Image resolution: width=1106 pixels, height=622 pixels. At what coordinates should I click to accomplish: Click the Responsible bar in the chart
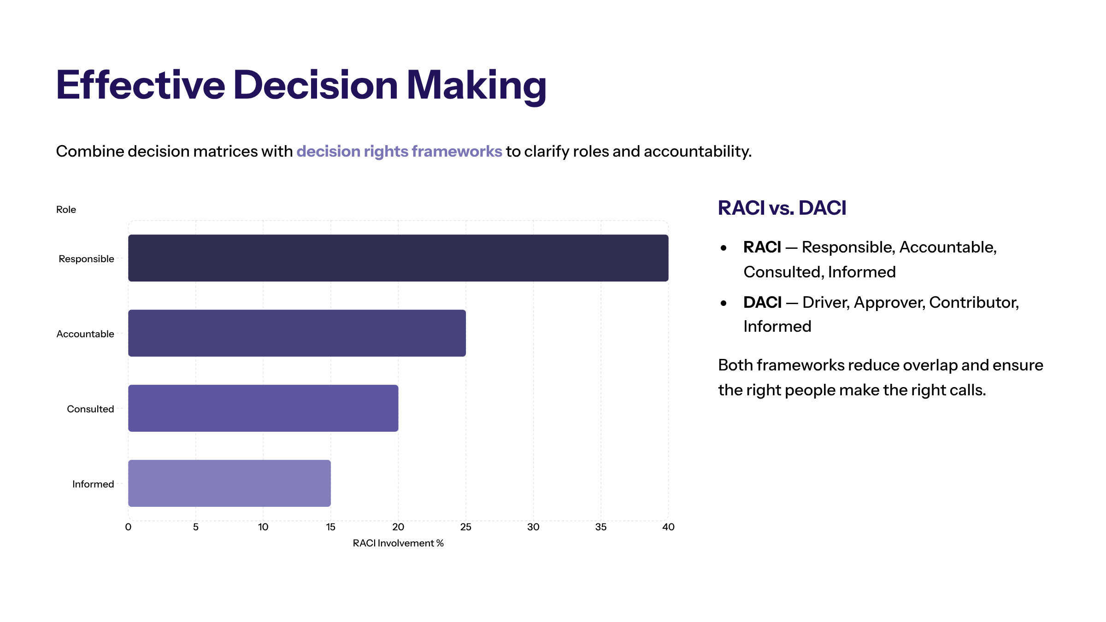tap(398, 258)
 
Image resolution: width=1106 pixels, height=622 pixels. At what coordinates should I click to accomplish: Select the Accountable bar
tap(297, 333)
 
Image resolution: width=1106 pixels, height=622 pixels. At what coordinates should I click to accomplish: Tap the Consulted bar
tap(263, 408)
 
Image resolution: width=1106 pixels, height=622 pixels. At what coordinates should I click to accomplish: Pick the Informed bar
tap(229, 483)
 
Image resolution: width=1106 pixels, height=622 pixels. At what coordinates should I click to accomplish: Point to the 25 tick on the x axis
tap(465, 527)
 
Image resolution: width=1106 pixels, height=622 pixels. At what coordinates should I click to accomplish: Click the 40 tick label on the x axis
tap(668, 527)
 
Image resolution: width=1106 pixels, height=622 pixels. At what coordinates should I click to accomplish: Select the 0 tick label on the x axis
tap(128, 527)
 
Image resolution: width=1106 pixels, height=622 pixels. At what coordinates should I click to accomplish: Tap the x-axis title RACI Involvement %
tap(398, 543)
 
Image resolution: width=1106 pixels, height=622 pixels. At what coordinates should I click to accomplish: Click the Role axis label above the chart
tap(66, 210)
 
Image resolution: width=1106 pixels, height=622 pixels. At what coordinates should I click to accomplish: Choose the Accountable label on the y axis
tap(85, 334)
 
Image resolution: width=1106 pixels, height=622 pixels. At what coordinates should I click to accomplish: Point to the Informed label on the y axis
tap(93, 484)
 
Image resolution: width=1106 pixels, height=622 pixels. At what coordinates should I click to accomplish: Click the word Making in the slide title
tap(476, 86)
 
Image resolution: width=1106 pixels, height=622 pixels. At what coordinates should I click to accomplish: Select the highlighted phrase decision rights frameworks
tap(399, 152)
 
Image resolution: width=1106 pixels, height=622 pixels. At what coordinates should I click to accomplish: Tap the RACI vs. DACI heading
tap(782, 208)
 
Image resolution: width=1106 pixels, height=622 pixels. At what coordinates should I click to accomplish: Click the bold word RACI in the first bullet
tap(762, 247)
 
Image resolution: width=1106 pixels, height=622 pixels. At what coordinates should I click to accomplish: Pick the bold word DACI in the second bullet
tap(762, 303)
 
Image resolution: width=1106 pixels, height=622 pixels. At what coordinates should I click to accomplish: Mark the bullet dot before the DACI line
tap(724, 303)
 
